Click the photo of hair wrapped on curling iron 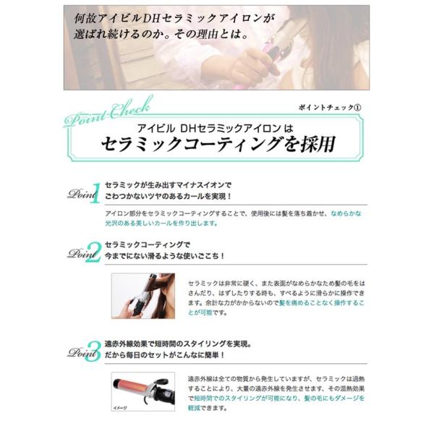[x=142, y=295]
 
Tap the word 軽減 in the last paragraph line [x=195, y=407]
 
